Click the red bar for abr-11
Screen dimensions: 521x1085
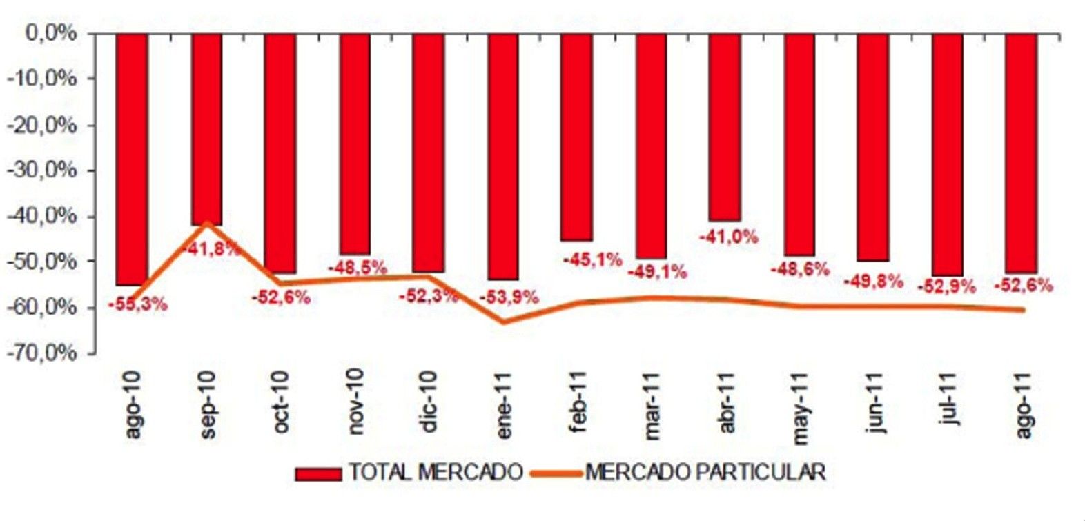coord(725,127)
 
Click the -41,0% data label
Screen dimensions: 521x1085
coord(728,237)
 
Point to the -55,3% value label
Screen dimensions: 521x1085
coord(137,304)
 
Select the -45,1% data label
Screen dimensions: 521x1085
coord(592,260)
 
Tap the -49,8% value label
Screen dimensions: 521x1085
coord(873,281)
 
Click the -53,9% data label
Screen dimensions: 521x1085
coord(508,297)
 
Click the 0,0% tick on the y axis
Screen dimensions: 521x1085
coord(50,32)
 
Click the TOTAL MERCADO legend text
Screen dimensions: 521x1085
coord(436,473)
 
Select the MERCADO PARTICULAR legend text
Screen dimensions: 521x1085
coord(705,473)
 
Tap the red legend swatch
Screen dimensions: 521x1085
coord(318,474)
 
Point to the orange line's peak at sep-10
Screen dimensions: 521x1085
coord(206,223)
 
